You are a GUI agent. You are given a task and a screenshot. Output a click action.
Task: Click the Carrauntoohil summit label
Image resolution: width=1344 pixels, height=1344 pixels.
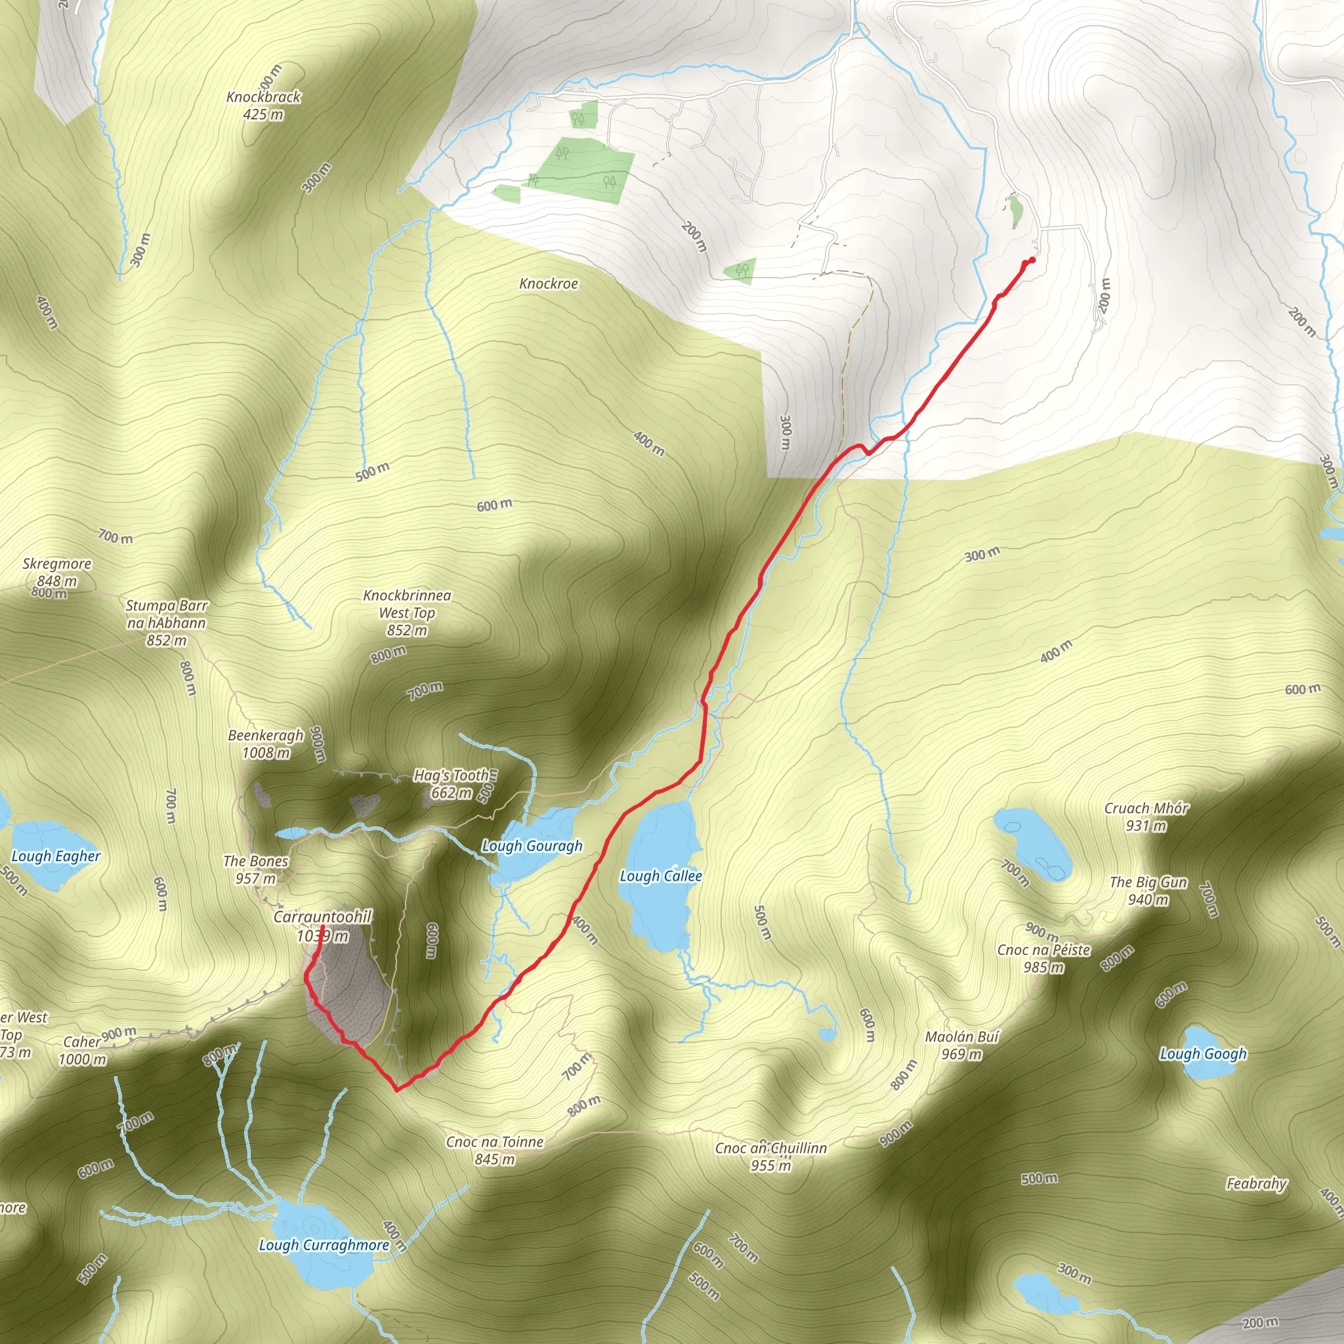[x=322, y=926]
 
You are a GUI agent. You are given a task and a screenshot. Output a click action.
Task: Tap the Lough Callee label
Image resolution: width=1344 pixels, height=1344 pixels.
[x=660, y=876]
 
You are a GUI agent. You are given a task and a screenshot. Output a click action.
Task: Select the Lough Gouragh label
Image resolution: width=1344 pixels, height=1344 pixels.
[x=532, y=846]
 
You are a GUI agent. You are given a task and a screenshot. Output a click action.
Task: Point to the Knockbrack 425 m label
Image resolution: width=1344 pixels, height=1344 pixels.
[x=264, y=105]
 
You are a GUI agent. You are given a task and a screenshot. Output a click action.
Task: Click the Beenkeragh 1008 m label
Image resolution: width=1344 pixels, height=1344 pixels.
[x=266, y=744]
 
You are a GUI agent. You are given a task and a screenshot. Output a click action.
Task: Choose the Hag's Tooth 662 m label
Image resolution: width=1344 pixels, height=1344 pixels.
[x=451, y=784]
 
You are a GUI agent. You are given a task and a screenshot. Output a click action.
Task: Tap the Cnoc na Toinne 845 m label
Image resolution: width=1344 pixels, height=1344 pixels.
[x=495, y=1150]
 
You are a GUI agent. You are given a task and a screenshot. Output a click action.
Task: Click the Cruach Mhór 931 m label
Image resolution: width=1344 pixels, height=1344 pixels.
[x=1146, y=816]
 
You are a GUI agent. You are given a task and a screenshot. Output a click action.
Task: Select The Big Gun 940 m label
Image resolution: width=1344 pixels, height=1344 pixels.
[x=1148, y=891]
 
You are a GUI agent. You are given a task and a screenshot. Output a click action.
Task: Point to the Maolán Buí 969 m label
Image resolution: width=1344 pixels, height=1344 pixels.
[x=961, y=1045]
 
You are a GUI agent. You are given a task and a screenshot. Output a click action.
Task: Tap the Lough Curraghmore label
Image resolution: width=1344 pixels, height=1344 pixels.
[x=324, y=1245]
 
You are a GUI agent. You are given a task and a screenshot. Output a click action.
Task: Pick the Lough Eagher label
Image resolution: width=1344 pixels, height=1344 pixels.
[x=56, y=856]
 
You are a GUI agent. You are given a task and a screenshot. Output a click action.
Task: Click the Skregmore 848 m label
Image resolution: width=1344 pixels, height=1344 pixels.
[x=57, y=572]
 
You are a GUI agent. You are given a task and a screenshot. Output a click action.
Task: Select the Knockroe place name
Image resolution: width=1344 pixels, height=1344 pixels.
[x=548, y=283]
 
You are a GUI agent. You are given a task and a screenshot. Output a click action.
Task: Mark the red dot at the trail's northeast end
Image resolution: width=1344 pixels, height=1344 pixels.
[x=1032, y=260]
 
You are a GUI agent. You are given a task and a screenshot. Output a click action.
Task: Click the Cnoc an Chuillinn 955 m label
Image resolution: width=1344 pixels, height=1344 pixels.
[x=771, y=1156]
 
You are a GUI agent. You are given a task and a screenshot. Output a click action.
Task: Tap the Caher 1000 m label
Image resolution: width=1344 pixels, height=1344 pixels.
[x=83, y=1051]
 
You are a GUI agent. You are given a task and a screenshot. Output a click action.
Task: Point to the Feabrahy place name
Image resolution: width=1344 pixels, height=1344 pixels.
[x=1256, y=1183]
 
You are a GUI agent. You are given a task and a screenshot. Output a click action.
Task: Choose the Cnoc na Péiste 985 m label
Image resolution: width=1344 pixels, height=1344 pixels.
[x=1043, y=959]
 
